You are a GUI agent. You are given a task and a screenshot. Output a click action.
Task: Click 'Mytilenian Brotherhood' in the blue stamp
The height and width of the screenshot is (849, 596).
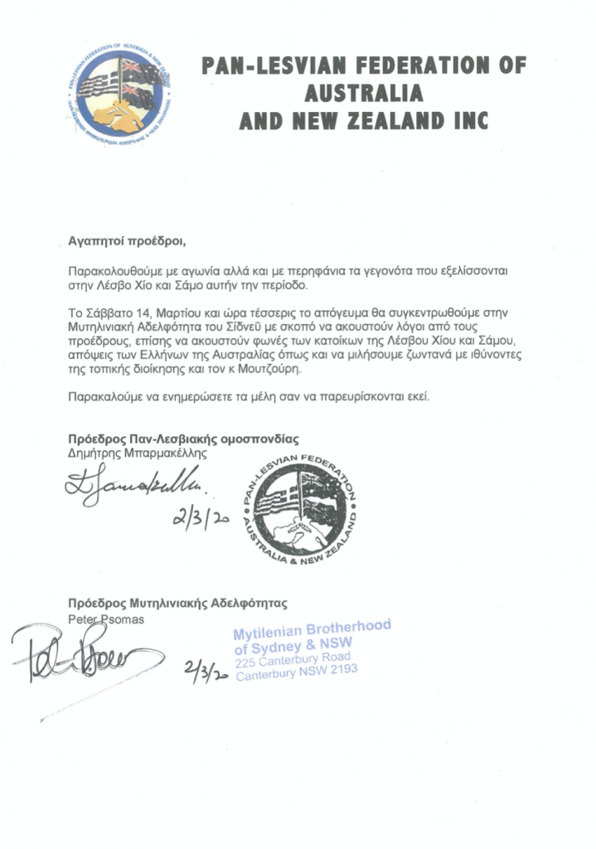pos(312,632)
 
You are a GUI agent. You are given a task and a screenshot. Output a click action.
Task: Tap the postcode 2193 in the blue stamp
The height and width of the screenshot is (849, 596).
pos(340,672)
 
